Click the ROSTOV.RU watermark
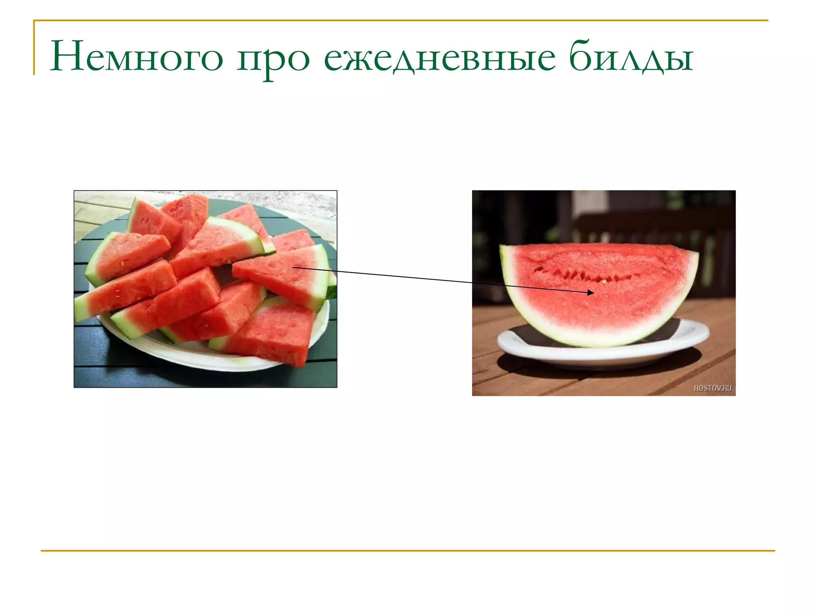(712, 388)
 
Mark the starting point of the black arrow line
(293, 267)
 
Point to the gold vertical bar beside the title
(34, 48)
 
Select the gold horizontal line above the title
(398, 20)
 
